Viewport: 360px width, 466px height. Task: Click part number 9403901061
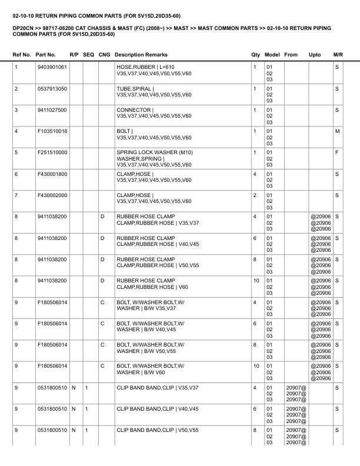(52, 67)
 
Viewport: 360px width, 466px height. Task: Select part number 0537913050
(52, 88)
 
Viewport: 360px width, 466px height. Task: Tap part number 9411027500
(52, 109)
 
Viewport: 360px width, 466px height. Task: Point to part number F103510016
(52, 131)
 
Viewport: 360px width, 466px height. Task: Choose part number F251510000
(52, 152)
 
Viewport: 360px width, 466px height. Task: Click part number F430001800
(52, 174)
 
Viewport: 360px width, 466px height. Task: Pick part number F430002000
(52, 195)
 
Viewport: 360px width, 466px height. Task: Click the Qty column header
(255, 55)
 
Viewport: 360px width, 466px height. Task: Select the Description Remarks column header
(141, 55)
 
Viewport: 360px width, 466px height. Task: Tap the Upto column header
(315, 55)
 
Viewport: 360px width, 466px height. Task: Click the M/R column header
(338, 55)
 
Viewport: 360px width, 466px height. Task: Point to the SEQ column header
(88, 55)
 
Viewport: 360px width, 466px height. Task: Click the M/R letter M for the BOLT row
(337, 131)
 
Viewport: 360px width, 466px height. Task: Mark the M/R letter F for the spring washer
(337, 152)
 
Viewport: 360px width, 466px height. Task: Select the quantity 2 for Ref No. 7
(254, 195)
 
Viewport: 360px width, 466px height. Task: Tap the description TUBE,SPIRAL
(134, 88)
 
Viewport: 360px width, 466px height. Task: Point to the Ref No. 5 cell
(16, 152)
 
